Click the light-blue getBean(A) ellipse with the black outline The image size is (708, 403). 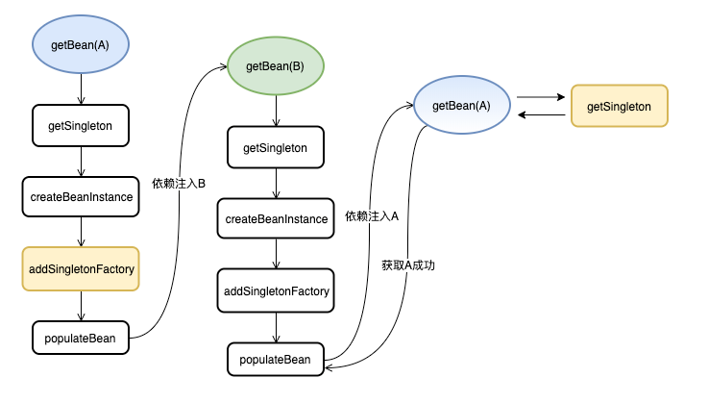[x=81, y=45]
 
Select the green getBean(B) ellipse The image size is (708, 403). [x=277, y=66]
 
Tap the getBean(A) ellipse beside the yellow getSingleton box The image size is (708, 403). [x=462, y=105]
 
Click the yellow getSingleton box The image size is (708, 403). [x=619, y=106]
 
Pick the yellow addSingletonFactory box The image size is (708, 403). [x=82, y=268]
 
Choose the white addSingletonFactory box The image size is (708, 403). [x=277, y=290]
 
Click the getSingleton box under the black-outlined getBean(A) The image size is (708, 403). [x=81, y=125]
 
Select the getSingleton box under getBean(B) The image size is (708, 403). [x=276, y=148]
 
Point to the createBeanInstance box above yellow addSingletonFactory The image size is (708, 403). [x=81, y=196]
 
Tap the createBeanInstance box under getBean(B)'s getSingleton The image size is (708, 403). [x=277, y=219]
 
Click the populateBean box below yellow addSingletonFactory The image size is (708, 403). [x=81, y=338]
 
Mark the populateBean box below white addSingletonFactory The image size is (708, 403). [x=276, y=360]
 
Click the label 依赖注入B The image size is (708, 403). [x=179, y=183]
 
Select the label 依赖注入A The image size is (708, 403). [x=372, y=216]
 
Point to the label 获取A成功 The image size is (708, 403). [x=407, y=265]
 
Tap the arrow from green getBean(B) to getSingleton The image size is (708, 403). [x=277, y=112]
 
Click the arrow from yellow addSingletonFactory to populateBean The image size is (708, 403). [x=82, y=305]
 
